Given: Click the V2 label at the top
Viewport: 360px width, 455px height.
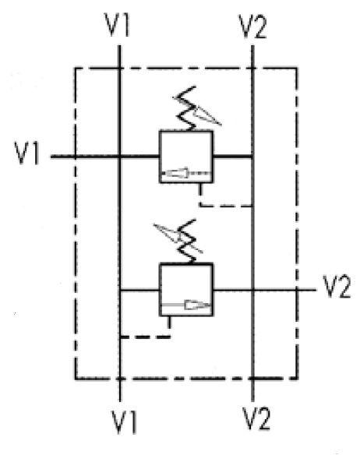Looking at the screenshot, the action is point(252,26).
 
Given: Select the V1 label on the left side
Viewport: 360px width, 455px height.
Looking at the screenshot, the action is point(26,153).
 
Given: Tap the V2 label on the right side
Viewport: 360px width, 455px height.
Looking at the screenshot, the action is point(337,287).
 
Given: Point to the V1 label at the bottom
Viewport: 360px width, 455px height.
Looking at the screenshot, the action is point(124,421).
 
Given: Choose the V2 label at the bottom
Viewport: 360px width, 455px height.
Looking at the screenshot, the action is point(256,418).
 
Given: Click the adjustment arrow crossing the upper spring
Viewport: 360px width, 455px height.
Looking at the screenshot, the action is point(197,111).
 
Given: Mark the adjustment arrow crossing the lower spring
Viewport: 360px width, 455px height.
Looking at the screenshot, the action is point(178,238).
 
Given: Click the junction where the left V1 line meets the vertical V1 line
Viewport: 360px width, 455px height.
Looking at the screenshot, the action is point(119,157).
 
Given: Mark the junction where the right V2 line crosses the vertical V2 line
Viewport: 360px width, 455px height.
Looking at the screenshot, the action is point(253,290).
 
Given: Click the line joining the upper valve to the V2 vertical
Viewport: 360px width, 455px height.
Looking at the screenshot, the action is point(233,157).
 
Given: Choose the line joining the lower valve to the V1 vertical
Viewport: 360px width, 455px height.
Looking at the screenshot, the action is point(139,290).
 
